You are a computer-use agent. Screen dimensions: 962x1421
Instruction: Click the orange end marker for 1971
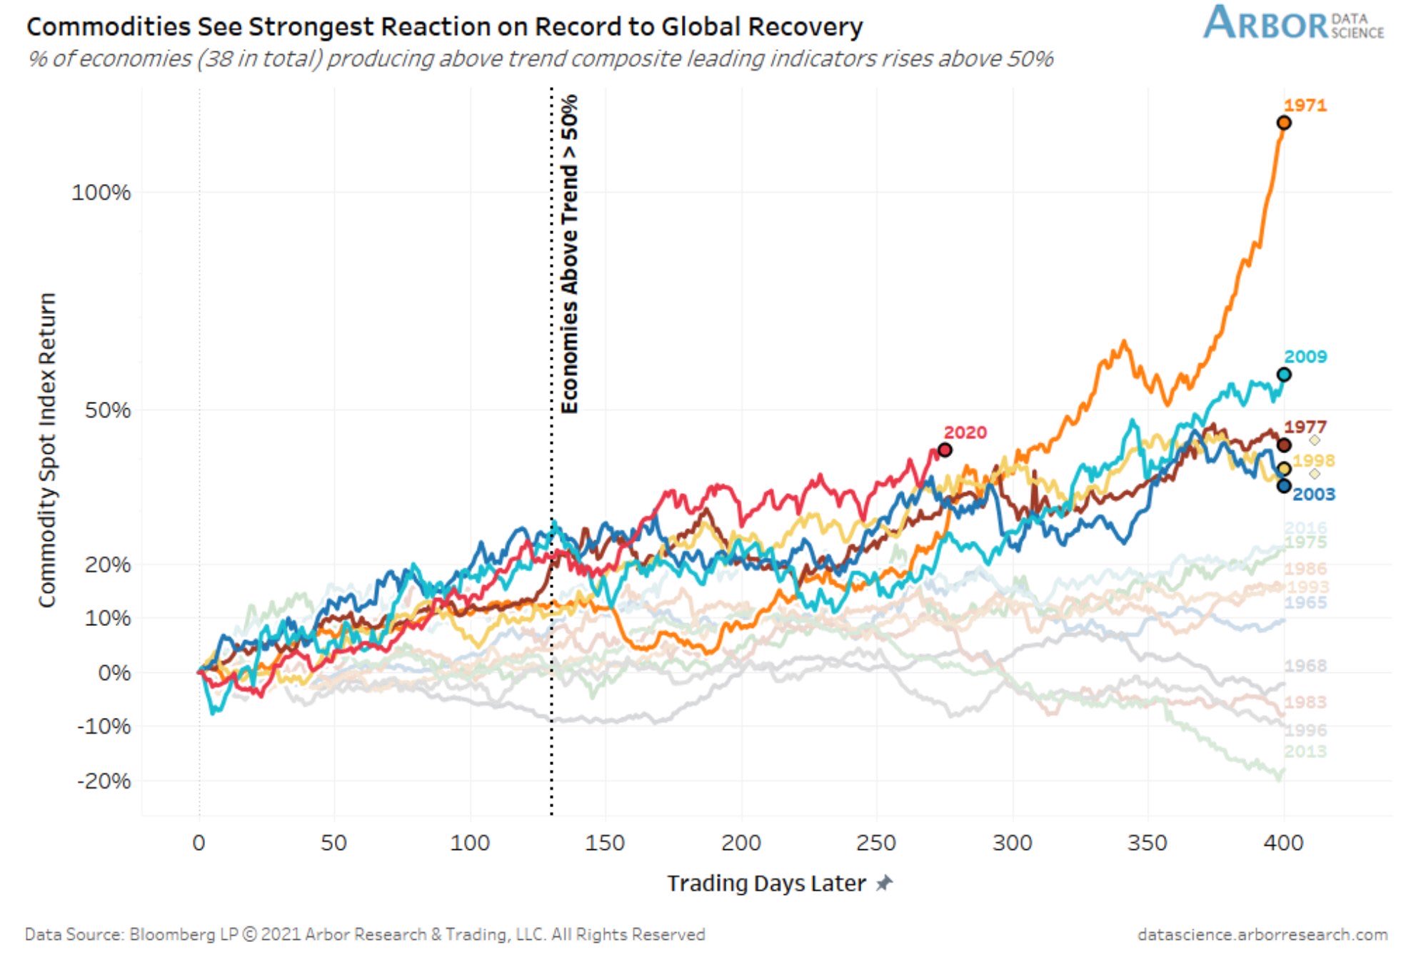(x=1283, y=123)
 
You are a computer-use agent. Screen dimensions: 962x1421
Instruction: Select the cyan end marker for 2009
(x=1283, y=375)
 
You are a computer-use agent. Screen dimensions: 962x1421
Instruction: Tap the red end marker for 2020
(x=945, y=450)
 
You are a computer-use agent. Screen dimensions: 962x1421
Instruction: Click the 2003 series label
(x=1313, y=494)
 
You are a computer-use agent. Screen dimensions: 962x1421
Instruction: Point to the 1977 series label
(x=1305, y=427)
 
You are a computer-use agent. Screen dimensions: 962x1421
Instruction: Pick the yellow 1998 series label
(x=1313, y=460)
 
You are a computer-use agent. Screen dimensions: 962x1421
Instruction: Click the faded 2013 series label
(x=1305, y=751)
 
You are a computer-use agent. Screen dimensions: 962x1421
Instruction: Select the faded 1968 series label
(x=1305, y=666)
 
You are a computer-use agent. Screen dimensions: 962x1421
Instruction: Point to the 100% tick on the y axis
(x=101, y=192)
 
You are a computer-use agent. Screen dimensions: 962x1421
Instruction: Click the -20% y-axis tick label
(x=104, y=781)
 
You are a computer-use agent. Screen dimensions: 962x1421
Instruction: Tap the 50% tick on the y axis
(x=108, y=410)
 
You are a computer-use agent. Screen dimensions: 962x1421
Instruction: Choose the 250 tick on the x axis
(x=876, y=843)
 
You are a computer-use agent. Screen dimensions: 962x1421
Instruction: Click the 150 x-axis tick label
(x=605, y=843)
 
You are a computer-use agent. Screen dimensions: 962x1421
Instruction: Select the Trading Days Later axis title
(x=766, y=883)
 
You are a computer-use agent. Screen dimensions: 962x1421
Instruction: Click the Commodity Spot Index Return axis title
(x=47, y=450)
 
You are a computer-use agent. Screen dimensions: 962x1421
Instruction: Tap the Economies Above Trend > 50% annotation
(x=569, y=254)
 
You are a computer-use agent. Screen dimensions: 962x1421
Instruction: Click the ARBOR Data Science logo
(x=1293, y=23)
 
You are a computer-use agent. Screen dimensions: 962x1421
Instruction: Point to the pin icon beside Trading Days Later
(x=884, y=883)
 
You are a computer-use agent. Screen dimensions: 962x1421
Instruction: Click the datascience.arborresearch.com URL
(x=1262, y=934)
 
